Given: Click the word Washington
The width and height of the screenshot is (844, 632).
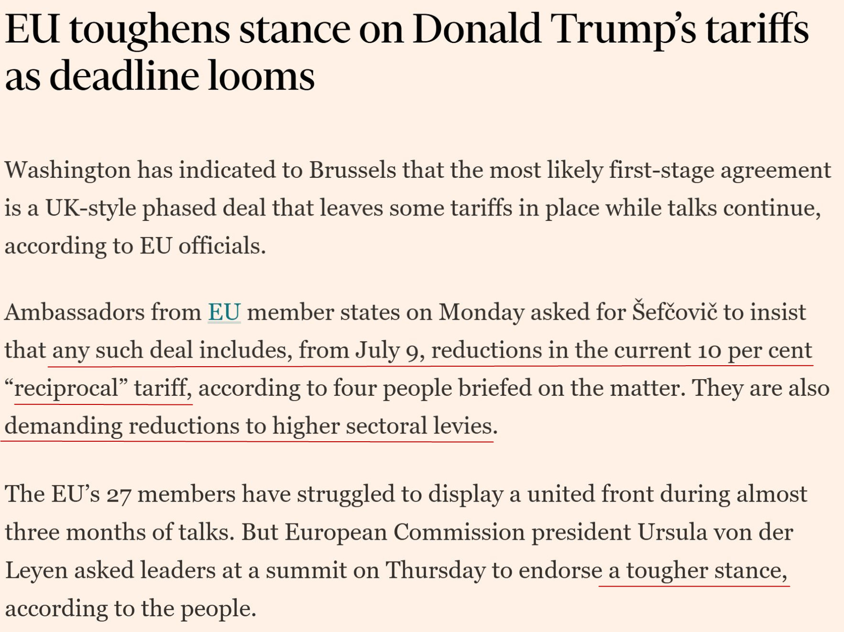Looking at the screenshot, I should (x=67, y=170).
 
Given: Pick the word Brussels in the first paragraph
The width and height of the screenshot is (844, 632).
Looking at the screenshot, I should (x=352, y=170).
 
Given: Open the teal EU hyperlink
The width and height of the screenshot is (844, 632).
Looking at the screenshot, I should (x=224, y=312).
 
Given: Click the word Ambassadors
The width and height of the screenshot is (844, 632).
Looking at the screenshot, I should (x=75, y=312).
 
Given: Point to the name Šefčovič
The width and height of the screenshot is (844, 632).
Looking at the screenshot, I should (x=675, y=312).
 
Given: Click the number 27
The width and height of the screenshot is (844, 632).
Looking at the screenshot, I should (x=119, y=494).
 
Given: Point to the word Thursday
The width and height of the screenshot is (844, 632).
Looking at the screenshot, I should (x=435, y=570).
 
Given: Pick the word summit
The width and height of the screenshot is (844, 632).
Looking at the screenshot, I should (x=306, y=570).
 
